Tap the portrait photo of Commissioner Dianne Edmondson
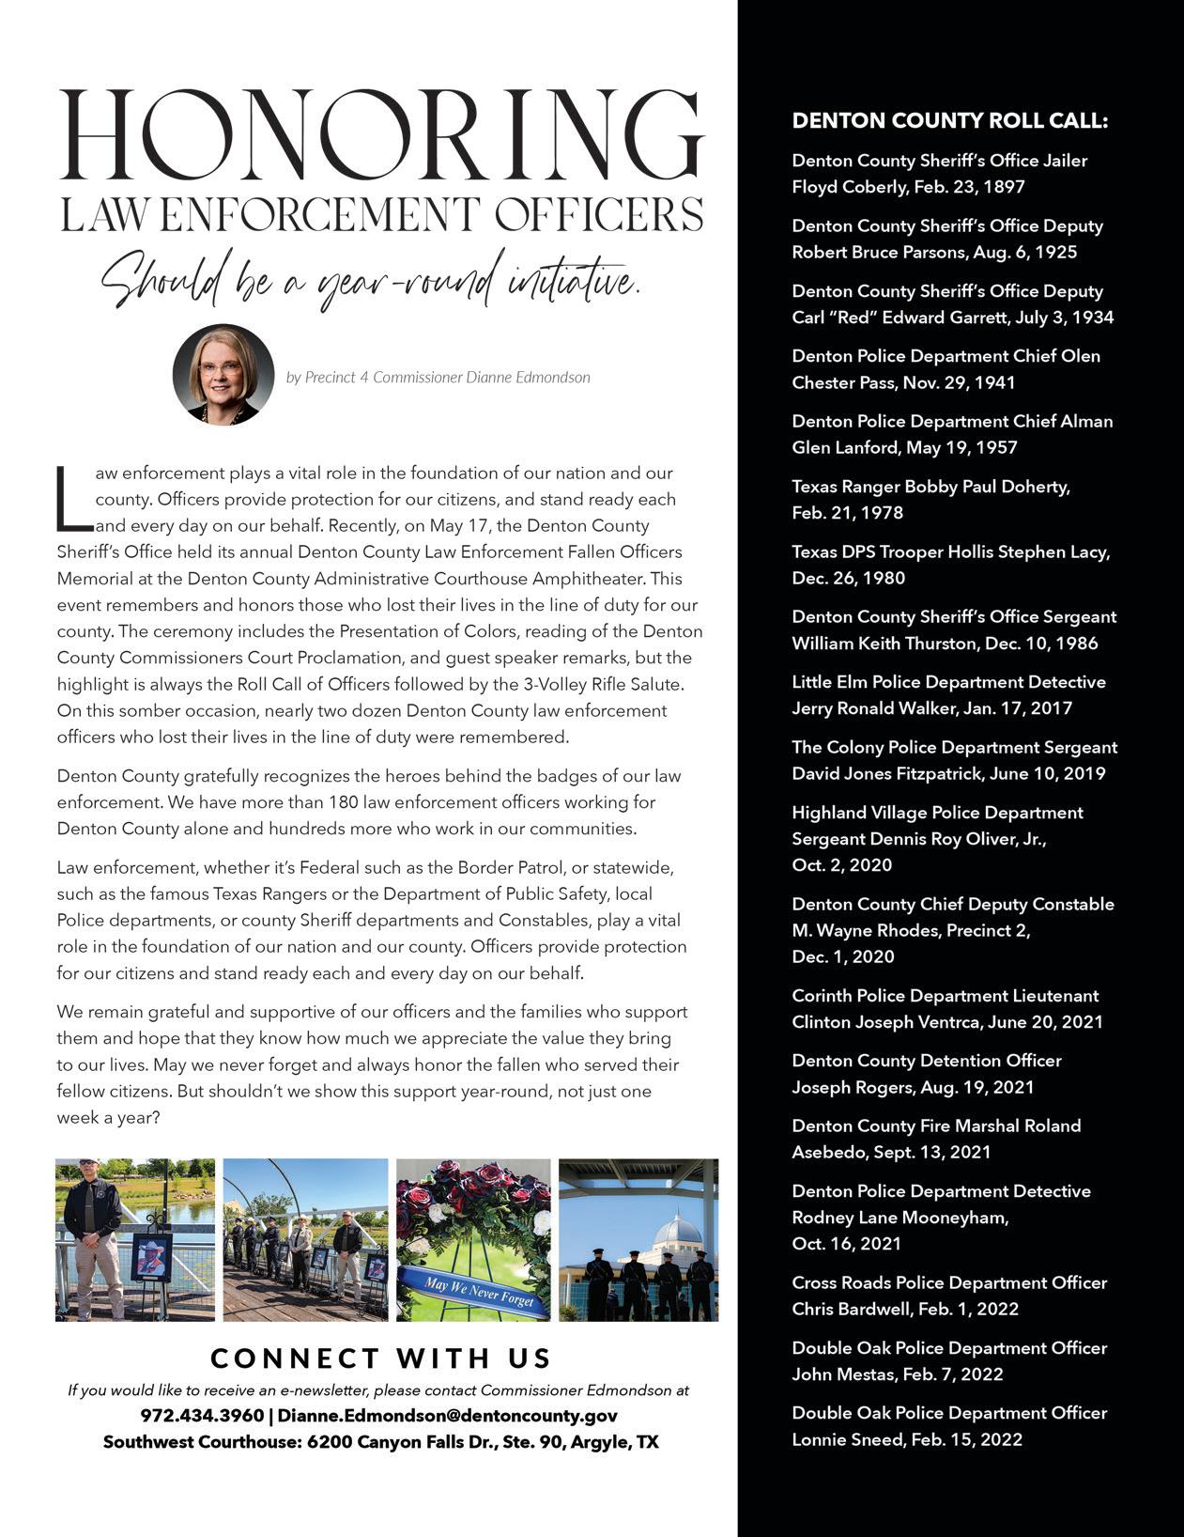tap(223, 375)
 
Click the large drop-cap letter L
tap(73, 498)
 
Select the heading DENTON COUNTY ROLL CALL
tap(949, 121)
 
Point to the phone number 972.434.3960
tap(202, 1416)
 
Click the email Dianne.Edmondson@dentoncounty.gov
tap(448, 1416)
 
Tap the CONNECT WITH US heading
tap(381, 1358)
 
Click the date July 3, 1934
tap(1060, 318)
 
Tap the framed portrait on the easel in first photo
tap(150, 1257)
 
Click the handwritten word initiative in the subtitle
tap(573, 279)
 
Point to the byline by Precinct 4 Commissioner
tap(438, 377)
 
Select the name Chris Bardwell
tap(851, 1309)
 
